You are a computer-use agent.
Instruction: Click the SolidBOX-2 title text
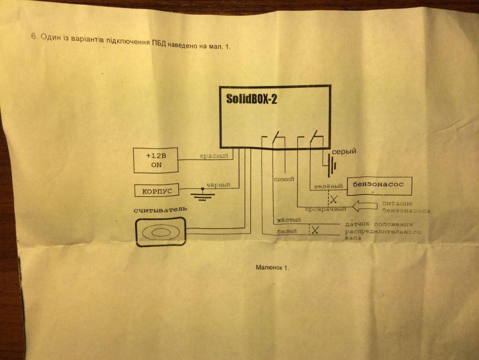coord(251,99)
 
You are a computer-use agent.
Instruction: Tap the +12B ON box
coord(156,160)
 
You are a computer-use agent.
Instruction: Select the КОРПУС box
coord(157,191)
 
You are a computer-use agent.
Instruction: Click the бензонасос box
coord(379,186)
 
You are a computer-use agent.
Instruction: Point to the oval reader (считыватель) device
coord(160,232)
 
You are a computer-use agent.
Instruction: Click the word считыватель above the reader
coord(160,210)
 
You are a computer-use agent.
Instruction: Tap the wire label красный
coord(214,156)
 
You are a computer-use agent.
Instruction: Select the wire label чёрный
coord(218,185)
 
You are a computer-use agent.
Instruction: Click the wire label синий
coord(284,179)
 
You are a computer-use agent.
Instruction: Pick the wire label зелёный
coord(329,186)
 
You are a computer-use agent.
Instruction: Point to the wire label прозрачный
coord(326,209)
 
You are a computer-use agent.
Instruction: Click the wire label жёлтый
coord(289,220)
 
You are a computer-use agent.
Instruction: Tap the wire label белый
coord(287,231)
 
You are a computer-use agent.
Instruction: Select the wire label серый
coord(344,151)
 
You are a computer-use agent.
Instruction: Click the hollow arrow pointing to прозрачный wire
coord(365,206)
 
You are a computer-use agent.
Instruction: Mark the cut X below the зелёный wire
coord(334,199)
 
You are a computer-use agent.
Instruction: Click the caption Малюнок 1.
coord(272,267)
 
